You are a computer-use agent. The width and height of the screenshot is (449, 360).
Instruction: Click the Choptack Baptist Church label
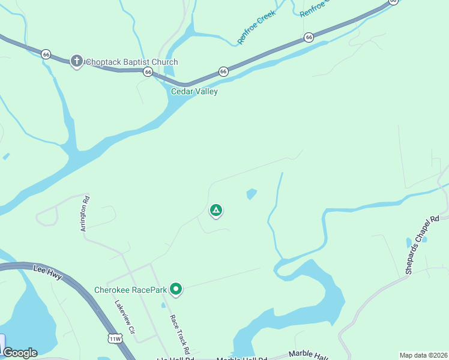pyautogui.click(x=131, y=62)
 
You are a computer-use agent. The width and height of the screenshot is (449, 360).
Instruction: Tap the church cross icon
pyautogui.click(x=76, y=61)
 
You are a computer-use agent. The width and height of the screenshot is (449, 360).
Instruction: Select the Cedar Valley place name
pyautogui.click(x=194, y=92)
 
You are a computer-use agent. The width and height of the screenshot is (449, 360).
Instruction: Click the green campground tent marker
pyautogui.click(x=216, y=211)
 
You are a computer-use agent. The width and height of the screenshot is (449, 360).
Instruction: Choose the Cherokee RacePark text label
pyautogui.click(x=130, y=290)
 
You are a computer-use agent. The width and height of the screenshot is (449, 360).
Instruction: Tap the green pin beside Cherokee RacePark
pyautogui.click(x=176, y=290)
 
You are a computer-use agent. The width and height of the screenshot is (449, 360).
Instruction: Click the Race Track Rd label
pyautogui.click(x=179, y=334)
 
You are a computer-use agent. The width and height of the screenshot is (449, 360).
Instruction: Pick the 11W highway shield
pyautogui.click(x=114, y=339)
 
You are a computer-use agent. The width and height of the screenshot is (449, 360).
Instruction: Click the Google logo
pyautogui.click(x=20, y=353)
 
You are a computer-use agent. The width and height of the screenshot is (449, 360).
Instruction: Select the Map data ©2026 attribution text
pyautogui.click(x=424, y=355)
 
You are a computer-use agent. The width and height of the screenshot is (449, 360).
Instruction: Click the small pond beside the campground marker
pyautogui.click(x=252, y=194)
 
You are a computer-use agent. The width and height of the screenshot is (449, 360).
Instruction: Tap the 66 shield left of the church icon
pyautogui.click(x=46, y=54)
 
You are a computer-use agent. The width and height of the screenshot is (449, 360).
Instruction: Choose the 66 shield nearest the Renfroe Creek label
pyautogui.click(x=309, y=37)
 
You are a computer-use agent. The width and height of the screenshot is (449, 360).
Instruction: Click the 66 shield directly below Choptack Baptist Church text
pyautogui.click(x=148, y=71)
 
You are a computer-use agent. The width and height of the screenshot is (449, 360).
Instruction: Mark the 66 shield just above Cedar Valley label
pyautogui.click(x=223, y=71)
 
